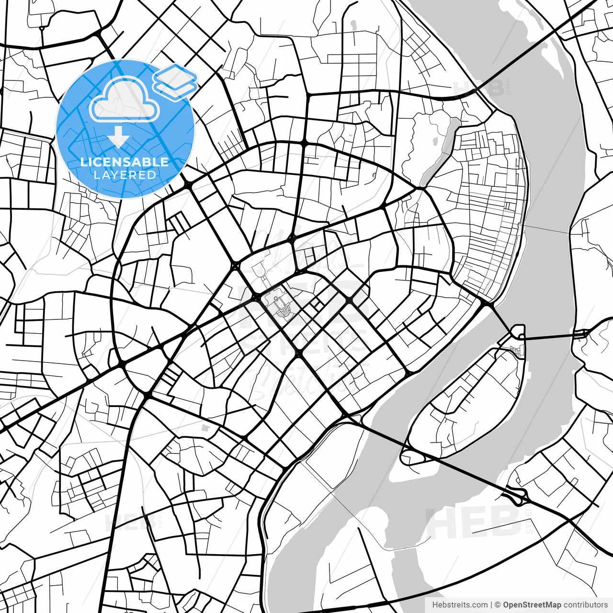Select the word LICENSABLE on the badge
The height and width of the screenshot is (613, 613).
pyautogui.click(x=125, y=162)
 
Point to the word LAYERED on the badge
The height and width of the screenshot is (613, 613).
pyautogui.click(x=125, y=175)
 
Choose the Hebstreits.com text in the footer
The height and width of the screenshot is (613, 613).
pyautogui.click(x=460, y=605)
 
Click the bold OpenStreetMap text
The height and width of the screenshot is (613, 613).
pyautogui.click(x=532, y=605)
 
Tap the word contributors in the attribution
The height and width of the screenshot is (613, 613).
pyautogui.click(x=586, y=605)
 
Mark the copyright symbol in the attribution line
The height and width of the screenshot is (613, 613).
pyautogui.click(x=498, y=605)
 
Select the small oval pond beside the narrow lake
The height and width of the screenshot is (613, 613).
pyautogui.click(x=435, y=142)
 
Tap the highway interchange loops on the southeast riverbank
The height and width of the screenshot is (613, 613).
pyautogui.click(x=516, y=495)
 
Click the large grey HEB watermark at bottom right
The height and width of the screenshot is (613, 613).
pyautogui.click(x=472, y=522)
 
